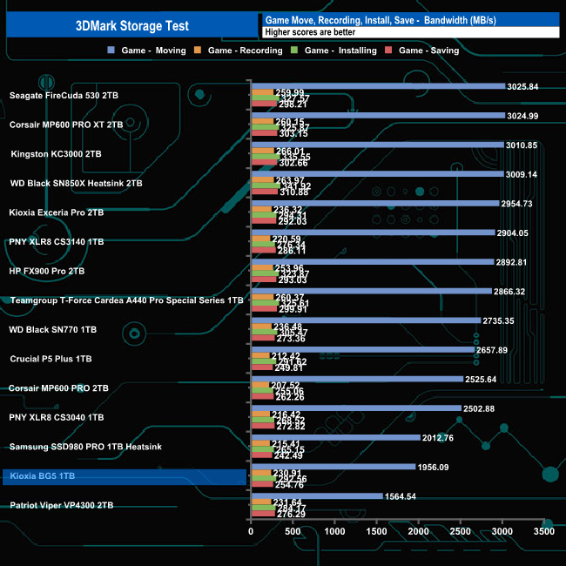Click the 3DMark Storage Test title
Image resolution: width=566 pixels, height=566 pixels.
[130, 25]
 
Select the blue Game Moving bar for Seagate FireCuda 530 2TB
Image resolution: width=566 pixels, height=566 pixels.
[378, 86]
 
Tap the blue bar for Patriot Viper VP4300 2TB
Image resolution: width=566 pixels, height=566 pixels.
[316, 496]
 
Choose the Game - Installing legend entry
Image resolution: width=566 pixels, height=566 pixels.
[334, 51]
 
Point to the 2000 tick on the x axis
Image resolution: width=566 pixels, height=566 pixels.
[418, 530]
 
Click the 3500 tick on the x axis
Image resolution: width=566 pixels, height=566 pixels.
[543, 530]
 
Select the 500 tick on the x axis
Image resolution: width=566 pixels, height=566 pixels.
[293, 530]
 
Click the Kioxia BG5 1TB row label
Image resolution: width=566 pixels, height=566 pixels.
[43, 476]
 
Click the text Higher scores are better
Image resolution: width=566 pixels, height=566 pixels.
[304, 32]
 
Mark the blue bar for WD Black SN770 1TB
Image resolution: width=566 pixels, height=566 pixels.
[366, 321]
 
